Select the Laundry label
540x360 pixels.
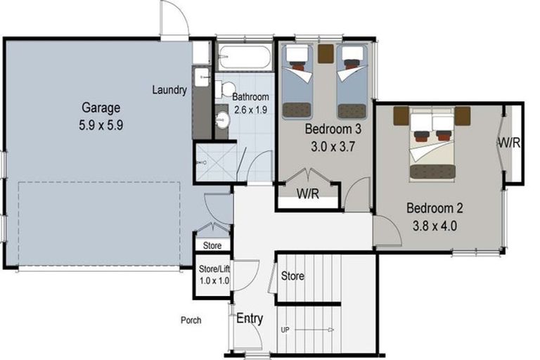pyautogui.click(x=169, y=90)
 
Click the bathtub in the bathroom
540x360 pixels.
pyautogui.click(x=243, y=57)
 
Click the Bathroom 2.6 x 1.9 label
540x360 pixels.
pyautogui.click(x=251, y=103)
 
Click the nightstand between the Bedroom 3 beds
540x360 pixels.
pyautogui.click(x=325, y=53)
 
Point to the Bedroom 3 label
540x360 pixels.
pyautogui.click(x=333, y=129)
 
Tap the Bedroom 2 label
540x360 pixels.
pyautogui.click(x=437, y=208)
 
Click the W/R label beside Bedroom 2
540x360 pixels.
pyautogui.click(x=510, y=143)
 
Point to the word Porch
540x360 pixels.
pyautogui.click(x=191, y=320)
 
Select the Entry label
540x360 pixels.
pyautogui.click(x=249, y=319)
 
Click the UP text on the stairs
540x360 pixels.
pyautogui.click(x=285, y=329)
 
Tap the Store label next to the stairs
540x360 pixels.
pyautogui.click(x=292, y=276)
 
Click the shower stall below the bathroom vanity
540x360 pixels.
pyautogui.click(x=214, y=162)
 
